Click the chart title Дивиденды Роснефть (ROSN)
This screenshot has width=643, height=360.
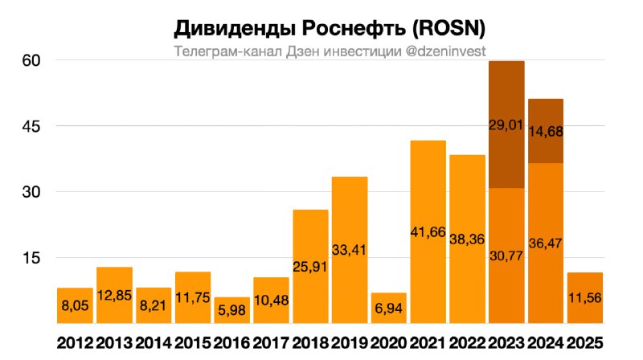330,29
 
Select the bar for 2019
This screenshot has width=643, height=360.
350,250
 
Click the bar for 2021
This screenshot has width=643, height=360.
428,232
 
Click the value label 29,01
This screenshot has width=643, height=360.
507,125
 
